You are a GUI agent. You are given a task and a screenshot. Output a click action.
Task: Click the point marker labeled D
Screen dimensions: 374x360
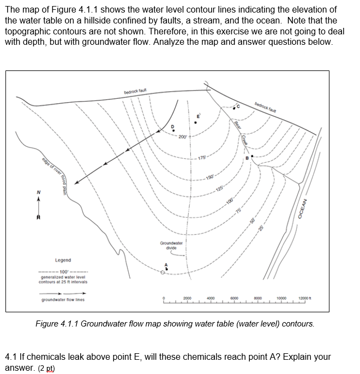tap(174, 132)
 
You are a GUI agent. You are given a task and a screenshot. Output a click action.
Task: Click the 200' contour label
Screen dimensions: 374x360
tap(182, 136)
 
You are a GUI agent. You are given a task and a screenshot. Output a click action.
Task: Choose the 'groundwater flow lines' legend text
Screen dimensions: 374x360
tap(63, 300)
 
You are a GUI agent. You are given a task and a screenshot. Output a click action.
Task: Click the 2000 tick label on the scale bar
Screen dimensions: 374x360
tap(187, 298)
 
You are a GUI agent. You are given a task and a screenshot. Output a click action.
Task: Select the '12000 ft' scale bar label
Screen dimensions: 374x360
tap(305, 298)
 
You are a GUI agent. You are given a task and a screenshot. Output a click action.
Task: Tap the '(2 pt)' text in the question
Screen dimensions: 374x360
tap(46, 367)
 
